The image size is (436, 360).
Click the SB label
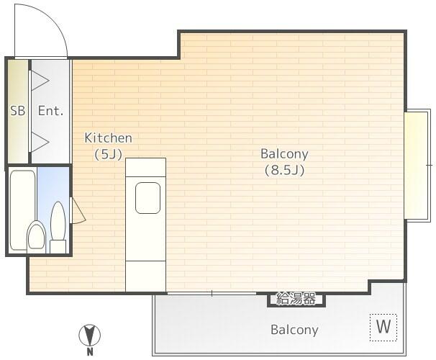click(x=17, y=111)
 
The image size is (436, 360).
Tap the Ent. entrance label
click(x=50, y=111)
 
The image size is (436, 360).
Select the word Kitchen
click(x=108, y=138)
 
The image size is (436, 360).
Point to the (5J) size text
click(x=108, y=153)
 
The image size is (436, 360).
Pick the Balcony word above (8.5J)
click(x=284, y=153)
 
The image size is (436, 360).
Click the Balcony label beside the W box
click(x=294, y=330)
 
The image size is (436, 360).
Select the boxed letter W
click(x=383, y=327)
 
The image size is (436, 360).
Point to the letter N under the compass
click(x=90, y=353)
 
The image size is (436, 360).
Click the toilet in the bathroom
click(x=36, y=235)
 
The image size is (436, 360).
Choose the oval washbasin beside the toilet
click(x=59, y=220)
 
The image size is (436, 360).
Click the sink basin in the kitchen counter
click(x=147, y=198)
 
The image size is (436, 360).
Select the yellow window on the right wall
click(x=415, y=165)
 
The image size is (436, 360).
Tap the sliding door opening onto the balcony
click(x=212, y=293)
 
